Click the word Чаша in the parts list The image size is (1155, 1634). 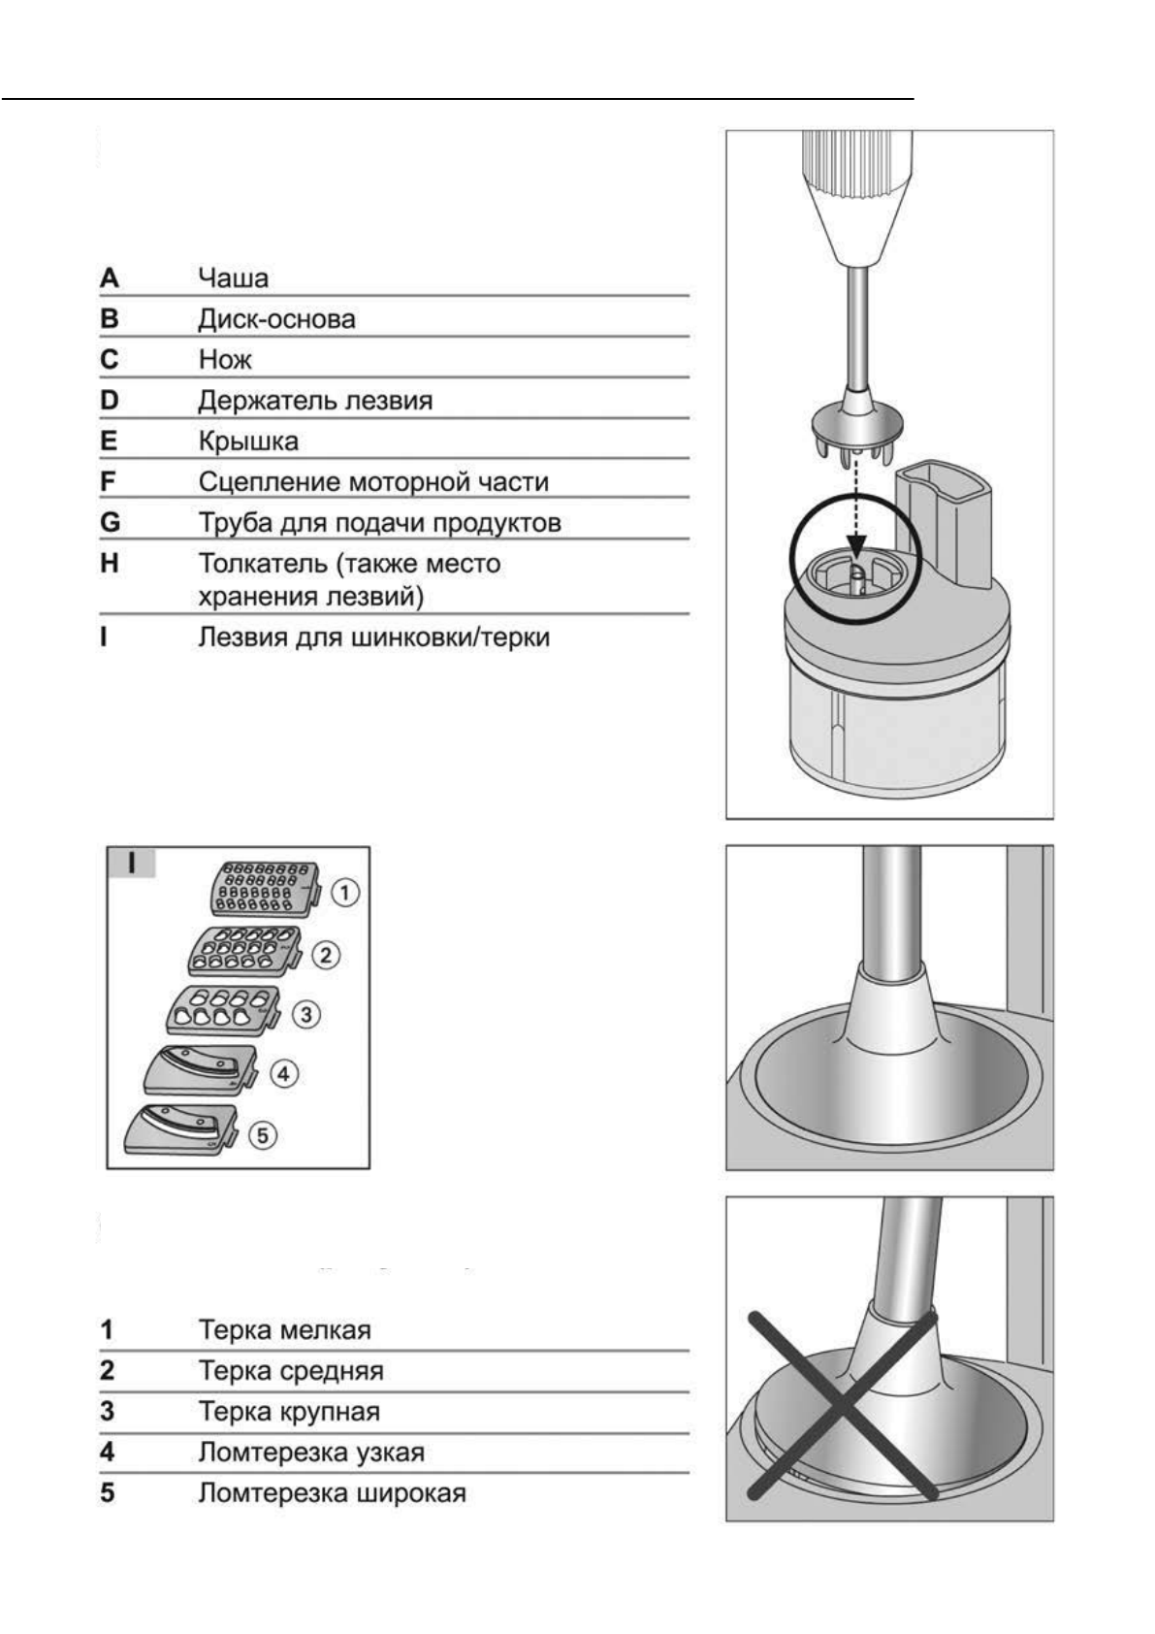(x=233, y=278)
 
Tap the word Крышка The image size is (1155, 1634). (x=248, y=441)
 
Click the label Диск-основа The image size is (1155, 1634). (x=276, y=319)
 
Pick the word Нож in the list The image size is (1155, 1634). (x=224, y=360)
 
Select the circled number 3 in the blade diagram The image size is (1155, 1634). (x=306, y=1015)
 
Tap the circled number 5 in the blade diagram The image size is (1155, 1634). (x=263, y=1134)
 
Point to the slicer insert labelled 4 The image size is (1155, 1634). (x=199, y=1072)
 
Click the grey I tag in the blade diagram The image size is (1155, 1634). (x=131, y=863)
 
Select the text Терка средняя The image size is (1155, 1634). (x=291, y=1371)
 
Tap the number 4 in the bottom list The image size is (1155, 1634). (x=108, y=1453)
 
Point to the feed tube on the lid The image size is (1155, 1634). (x=944, y=524)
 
